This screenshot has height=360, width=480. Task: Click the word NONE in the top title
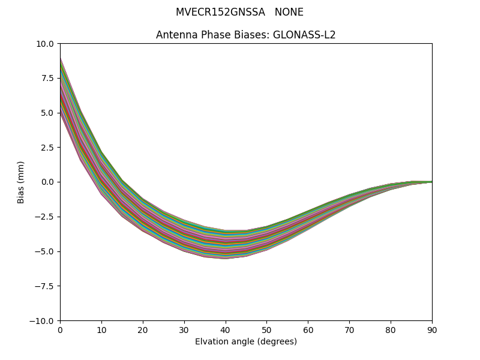tap(289, 12)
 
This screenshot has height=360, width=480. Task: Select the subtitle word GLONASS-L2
tap(304, 35)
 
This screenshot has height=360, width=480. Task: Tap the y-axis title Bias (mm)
tap(21, 182)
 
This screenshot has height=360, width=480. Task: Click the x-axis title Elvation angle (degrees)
tap(246, 342)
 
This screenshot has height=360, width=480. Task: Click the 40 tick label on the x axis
tap(226, 329)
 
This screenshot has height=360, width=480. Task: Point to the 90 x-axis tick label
tap(432, 329)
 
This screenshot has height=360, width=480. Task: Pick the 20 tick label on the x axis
tap(143, 329)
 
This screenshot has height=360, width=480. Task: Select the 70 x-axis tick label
tap(349, 329)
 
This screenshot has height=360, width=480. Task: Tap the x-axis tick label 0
tap(60, 329)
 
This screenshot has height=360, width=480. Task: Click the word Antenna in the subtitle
tap(174, 35)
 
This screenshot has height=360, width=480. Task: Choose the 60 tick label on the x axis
tap(308, 329)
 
